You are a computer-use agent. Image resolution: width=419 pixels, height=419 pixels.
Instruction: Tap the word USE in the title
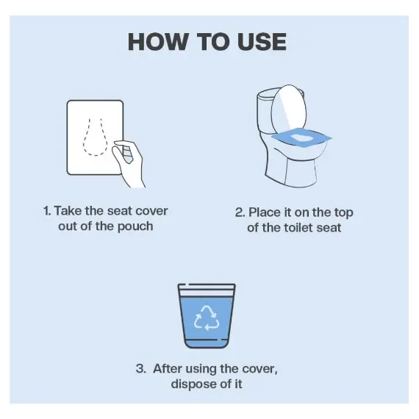tap(262, 42)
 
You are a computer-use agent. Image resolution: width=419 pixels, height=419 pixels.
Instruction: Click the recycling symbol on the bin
tap(207, 318)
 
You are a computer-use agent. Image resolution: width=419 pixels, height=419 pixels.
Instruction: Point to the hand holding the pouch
tap(129, 163)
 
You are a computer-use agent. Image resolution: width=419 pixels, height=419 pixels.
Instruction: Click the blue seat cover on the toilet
tap(301, 138)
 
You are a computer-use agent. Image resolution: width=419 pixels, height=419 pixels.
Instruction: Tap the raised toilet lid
tap(289, 110)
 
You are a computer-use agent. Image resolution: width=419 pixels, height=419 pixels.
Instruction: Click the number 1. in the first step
tap(47, 211)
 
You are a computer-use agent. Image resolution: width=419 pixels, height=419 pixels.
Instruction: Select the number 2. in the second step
tap(240, 212)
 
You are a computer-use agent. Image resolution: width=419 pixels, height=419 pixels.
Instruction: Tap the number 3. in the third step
tap(141, 368)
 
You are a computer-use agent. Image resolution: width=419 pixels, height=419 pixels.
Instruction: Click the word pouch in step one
tap(135, 227)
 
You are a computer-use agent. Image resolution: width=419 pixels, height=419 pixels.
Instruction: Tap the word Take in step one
tap(68, 210)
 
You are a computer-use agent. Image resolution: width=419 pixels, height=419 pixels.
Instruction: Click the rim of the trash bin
tap(207, 285)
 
